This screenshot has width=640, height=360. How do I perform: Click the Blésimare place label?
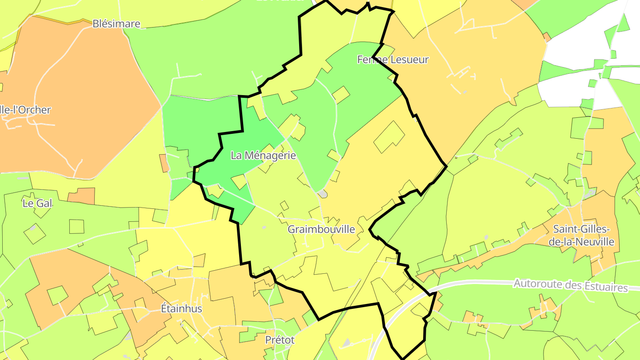[x=116, y=24]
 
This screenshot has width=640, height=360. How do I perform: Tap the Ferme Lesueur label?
[x=393, y=60]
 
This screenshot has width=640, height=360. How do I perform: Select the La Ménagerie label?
[x=263, y=156]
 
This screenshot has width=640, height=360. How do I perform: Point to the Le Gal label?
[x=37, y=204]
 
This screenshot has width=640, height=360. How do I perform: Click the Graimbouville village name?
[x=321, y=229]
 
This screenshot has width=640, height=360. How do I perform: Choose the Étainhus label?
[x=181, y=308]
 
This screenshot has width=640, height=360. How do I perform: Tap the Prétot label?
[x=280, y=340]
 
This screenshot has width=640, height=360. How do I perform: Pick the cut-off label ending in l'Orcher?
[x=26, y=110]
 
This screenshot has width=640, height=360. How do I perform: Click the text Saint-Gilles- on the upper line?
[x=582, y=229]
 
